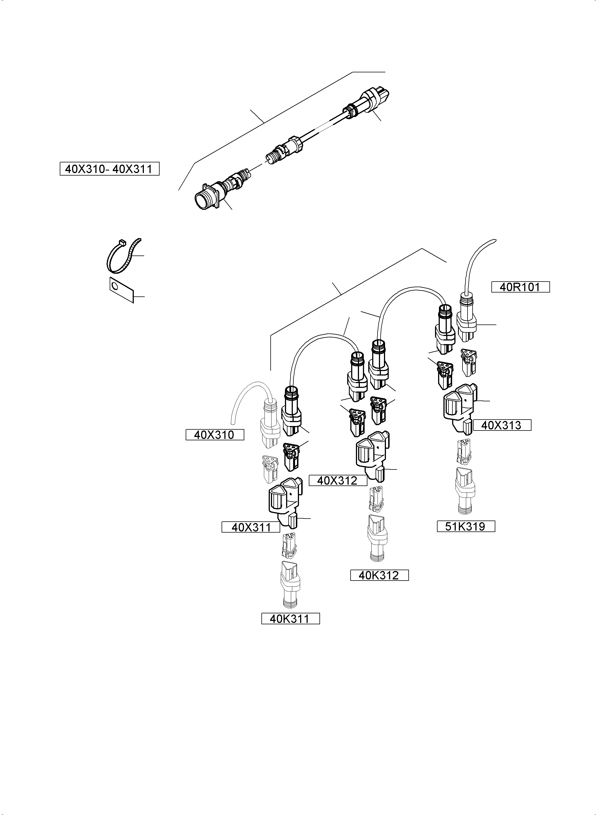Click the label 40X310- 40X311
click(109, 169)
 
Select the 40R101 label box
click(520, 287)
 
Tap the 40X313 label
click(501, 425)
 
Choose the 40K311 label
click(290, 619)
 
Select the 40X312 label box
click(338, 480)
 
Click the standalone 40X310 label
click(215, 435)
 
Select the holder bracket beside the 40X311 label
click(285, 503)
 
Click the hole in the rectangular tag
click(115, 286)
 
